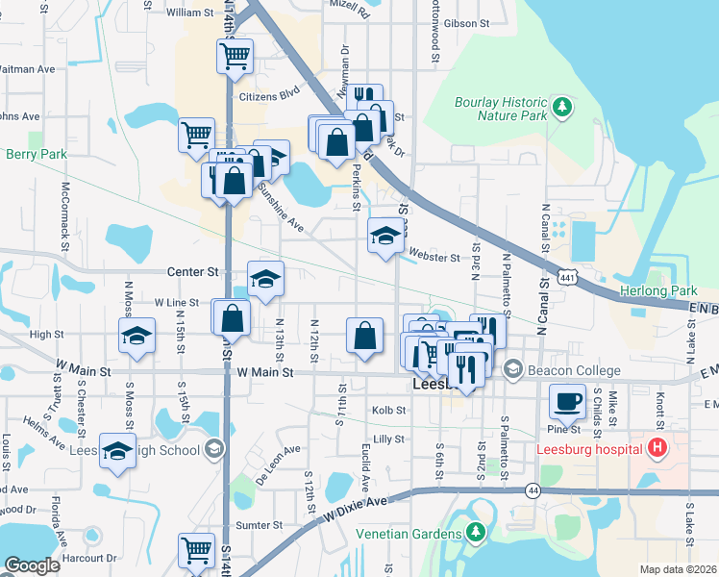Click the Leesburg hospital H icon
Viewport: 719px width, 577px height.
(x=657, y=448)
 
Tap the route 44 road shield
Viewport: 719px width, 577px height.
(x=532, y=490)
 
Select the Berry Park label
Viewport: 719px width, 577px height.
(x=35, y=154)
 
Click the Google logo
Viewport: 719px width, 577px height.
(x=32, y=565)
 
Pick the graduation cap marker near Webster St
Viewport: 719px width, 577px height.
(x=385, y=236)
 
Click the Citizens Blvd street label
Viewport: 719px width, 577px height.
(x=276, y=94)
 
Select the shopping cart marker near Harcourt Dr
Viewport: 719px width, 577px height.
(x=196, y=552)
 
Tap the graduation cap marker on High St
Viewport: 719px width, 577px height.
(x=136, y=338)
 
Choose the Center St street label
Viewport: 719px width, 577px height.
(x=193, y=272)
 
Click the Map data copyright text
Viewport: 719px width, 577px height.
(x=679, y=569)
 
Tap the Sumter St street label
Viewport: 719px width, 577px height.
(x=259, y=525)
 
